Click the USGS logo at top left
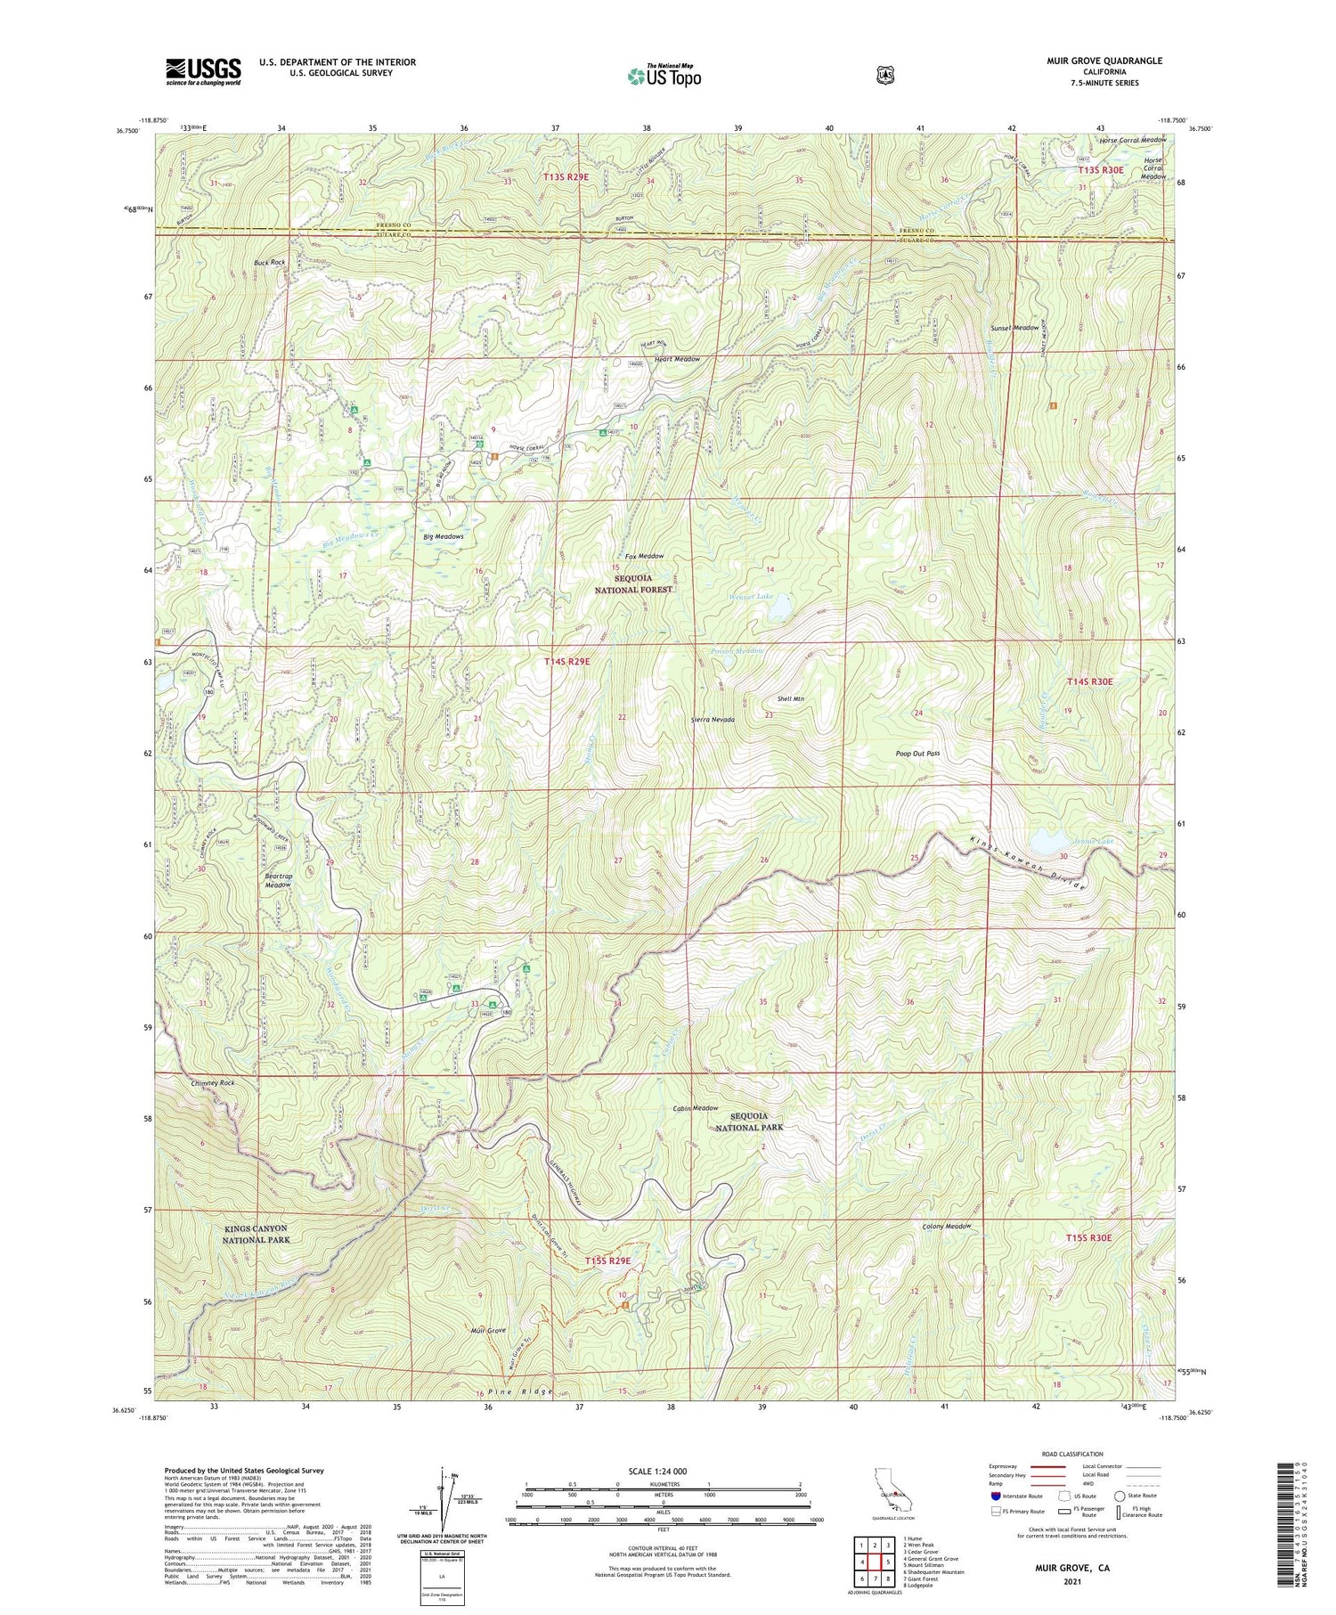(x=202, y=71)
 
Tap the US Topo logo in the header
(x=664, y=76)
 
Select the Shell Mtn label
(x=791, y=699)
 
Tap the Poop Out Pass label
(x=917, y=754)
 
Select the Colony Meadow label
(x=947, y=1227)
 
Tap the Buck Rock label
(x=269, y=263)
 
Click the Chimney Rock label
(x=213, y=1083)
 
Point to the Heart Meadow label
(x=677, y=359)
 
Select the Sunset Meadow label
(x=1014, y=328)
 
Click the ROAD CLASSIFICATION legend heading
(x=1072, y=1454)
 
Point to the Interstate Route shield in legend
(x=995, y=1496)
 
